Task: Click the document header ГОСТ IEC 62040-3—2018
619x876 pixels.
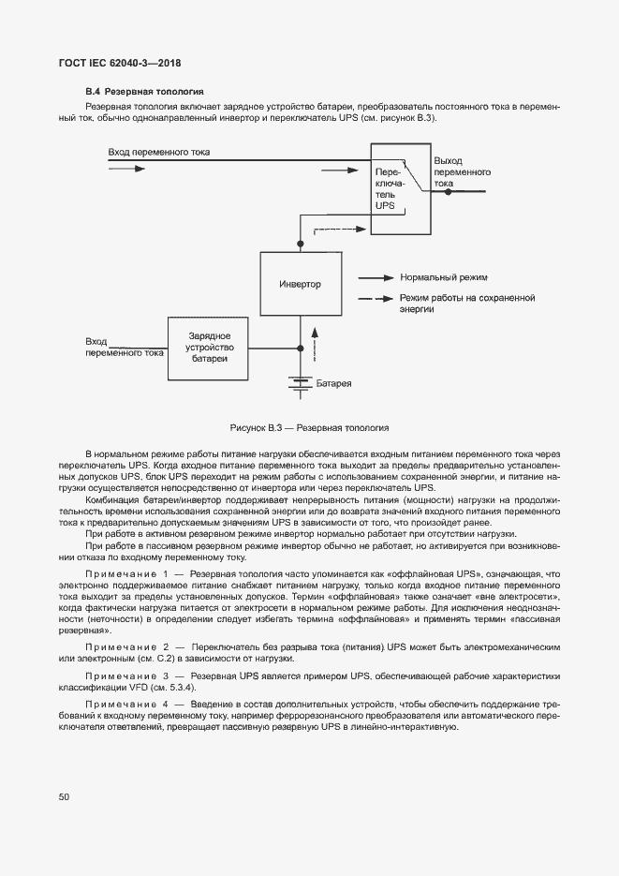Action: (121, 63)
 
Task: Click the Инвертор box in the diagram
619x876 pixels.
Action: (300, 284)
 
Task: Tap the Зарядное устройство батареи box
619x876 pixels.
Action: (208, 348)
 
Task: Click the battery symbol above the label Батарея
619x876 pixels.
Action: (300, 381)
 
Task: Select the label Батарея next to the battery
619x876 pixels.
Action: (333, 384)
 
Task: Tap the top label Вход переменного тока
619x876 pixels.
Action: (158, 152)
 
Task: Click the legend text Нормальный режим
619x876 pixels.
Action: (443, 278)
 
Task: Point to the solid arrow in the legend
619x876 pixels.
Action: (376, 278)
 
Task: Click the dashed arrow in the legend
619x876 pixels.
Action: (376, 298)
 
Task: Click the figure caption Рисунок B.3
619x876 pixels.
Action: (309, 427)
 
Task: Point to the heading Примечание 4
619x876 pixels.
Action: (126, 703)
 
